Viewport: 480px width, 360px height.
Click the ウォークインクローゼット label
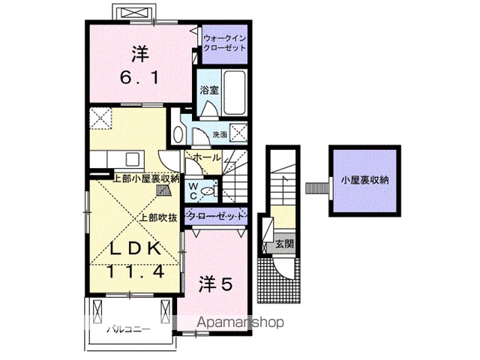tap(225, 43)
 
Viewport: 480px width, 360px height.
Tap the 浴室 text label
tap(209, 90)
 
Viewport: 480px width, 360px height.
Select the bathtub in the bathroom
tap(235, 92)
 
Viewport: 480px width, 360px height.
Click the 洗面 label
tap(220, 134)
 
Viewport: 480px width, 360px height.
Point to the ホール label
tap(207, 157)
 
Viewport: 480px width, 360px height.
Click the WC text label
tap(193, 191)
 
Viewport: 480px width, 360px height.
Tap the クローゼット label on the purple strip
tap(217, 216)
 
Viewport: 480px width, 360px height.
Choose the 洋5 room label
tap(216, 283)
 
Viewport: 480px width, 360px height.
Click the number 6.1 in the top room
tap(139, 78)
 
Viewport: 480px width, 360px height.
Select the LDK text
tap(136, 250)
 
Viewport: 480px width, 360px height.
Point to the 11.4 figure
tap(136, 271)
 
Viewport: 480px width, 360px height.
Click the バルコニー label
tap(128, 330)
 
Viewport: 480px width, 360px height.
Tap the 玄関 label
tap(285, 244)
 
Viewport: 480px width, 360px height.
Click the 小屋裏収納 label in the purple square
tap(365, 180)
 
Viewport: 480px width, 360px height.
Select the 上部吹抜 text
tap(158, 217)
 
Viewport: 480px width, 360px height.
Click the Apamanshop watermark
tap(240, 322)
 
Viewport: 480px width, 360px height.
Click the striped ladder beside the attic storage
tap(317, 188)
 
